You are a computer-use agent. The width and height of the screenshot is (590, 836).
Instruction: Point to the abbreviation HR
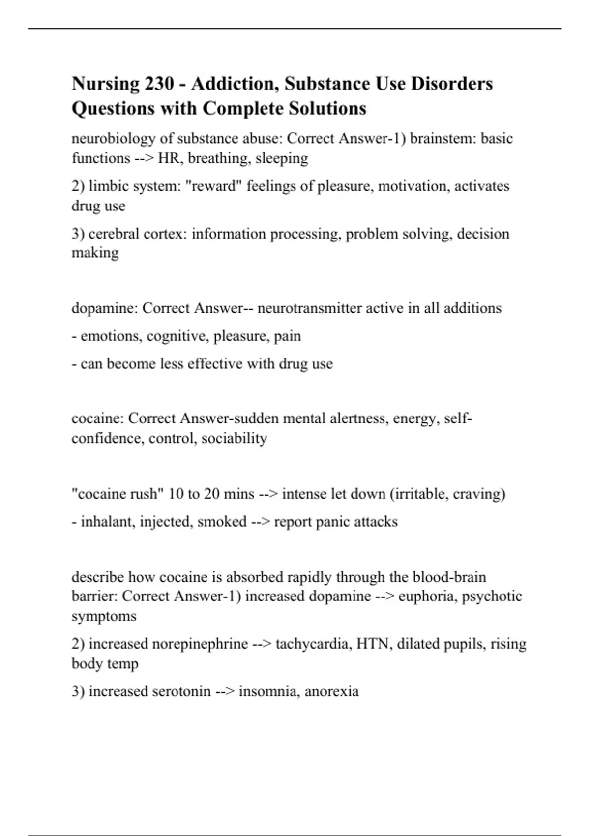(x=168, y=158)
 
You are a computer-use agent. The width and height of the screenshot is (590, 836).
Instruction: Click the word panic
(x=333, y=522)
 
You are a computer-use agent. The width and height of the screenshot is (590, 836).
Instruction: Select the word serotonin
(x=181, y=691)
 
